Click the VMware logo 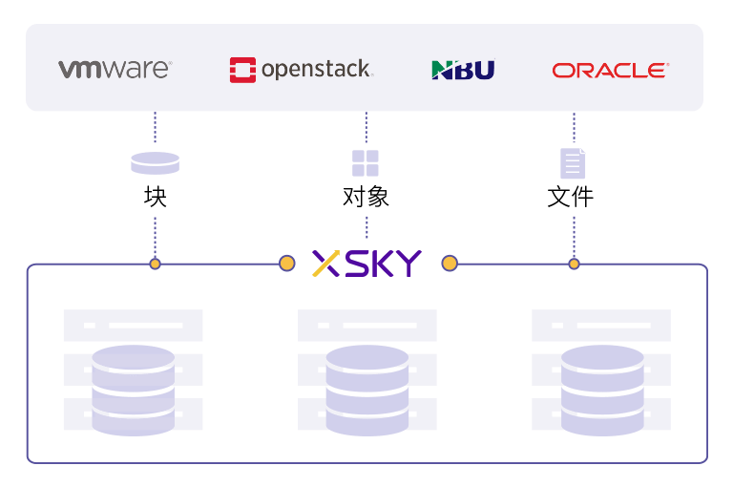[x=115, y=70]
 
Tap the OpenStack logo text [x=316, y=70]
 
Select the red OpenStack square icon [x=242, y=70]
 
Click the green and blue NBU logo [x=463, y=70]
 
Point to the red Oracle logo [x=610, y=70]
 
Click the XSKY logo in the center [x=367, y=265]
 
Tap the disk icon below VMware [x=155, y=163]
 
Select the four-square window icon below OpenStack [x=366, y=163]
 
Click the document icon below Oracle [x=573, y=163]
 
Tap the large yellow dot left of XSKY [x=286, y=264]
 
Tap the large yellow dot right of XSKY [x=449, y=264]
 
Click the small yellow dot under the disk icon [x=155, y=264]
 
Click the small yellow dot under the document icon [x=574, y=264]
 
